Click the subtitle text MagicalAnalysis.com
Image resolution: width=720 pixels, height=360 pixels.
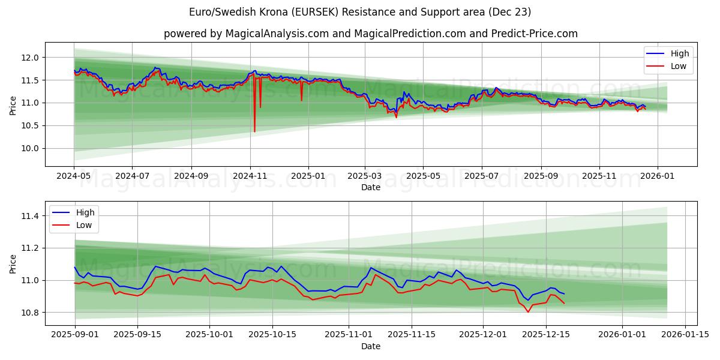click(277, 34)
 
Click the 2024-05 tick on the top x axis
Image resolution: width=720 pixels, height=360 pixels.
click(74, 177)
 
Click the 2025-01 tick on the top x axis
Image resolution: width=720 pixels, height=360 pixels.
click(308, 177)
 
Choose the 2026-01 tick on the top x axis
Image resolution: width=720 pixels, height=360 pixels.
click(658, 177)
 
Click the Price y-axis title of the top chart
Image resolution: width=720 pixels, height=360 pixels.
click(13, 105)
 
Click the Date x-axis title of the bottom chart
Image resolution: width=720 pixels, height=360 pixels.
click(370, 346)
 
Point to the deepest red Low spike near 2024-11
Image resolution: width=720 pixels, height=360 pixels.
click(254, 131)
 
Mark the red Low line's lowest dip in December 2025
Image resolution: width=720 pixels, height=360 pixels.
click(528, 311)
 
